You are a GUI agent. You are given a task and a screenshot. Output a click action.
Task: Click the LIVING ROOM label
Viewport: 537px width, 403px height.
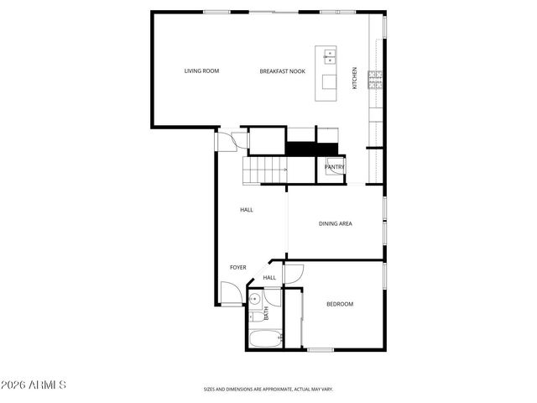pyautogui.click(x=201, y=71)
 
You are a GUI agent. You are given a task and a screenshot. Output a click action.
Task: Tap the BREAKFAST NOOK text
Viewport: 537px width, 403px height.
pyautogui.click(x=282, y=71)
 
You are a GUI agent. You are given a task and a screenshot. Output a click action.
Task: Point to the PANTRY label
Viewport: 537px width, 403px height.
pyautogui.click(x=335, y=167)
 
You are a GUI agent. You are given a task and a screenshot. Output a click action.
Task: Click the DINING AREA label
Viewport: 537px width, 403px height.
pyautogui.click(x=335, y=223)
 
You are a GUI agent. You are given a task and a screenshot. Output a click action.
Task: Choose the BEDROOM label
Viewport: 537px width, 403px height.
pyautogui.click(x=340, y=304)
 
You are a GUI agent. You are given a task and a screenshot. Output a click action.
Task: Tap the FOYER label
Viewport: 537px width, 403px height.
pyautogui.click(x=238, y=268)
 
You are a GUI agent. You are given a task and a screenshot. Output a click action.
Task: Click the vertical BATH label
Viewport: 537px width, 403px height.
pyautogui.click(x=267, y=313)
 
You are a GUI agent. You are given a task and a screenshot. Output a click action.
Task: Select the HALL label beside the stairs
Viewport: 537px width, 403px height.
pyautogui.click(x=247, y=210)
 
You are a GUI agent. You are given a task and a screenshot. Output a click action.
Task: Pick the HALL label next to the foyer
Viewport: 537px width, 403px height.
pyautogui.click(x=269, y=278)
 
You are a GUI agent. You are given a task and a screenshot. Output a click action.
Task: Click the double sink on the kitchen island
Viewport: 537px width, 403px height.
pyautogui.click(x=330, y=57)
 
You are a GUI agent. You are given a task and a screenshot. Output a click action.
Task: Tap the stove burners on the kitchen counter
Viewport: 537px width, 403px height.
pyautogui.click(x=378, y=80)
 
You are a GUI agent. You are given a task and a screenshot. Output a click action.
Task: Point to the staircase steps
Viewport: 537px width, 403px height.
pyautogui.click(x=265, y=170)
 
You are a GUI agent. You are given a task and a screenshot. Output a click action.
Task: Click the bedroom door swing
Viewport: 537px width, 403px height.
pyautogui.click(x=294, y=273)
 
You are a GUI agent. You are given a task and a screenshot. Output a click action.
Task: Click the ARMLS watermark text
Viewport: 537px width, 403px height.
pyautogui.click(x=34, y=385)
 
